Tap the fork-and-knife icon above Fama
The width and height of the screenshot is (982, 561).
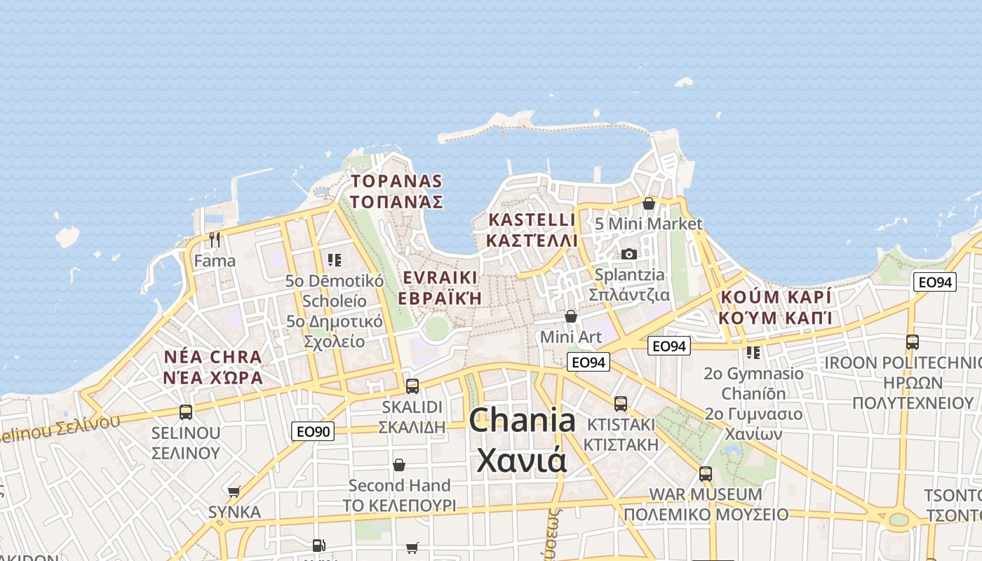215,240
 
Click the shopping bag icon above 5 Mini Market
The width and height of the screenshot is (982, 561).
649,203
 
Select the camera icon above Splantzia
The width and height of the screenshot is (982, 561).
629,254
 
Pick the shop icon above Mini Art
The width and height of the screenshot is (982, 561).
571,316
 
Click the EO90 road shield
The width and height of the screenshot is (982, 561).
313,431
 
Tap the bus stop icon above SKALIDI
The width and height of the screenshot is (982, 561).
412,386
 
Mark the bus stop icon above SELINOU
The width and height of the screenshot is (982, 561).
186,412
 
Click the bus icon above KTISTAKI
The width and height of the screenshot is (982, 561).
621,403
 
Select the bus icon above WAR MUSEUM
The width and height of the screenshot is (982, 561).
706,473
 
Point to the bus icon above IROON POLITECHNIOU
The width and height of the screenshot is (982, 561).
913,342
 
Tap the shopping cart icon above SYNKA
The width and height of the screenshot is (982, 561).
234,492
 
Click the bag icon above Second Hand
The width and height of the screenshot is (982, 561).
399,465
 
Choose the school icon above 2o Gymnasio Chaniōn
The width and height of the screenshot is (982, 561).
753,352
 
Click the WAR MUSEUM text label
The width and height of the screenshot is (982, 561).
706,494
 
